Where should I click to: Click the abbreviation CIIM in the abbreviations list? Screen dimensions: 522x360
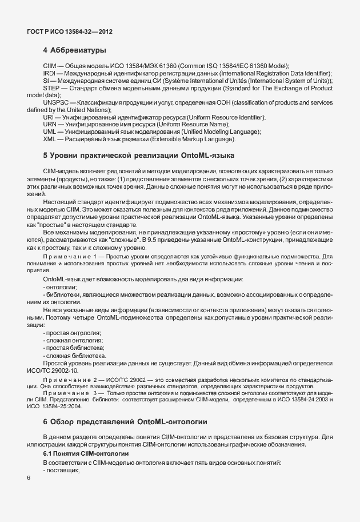(x=50, y=66)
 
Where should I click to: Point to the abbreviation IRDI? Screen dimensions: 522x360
(x=49, y=74)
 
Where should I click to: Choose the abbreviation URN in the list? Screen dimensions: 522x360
(x=50, y=124)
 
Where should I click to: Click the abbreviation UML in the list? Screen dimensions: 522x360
(x=50, y=132)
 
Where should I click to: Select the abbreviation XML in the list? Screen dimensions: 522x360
(x=50, y=139)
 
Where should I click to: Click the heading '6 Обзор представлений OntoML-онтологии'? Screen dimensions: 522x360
(x=124, y=422)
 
